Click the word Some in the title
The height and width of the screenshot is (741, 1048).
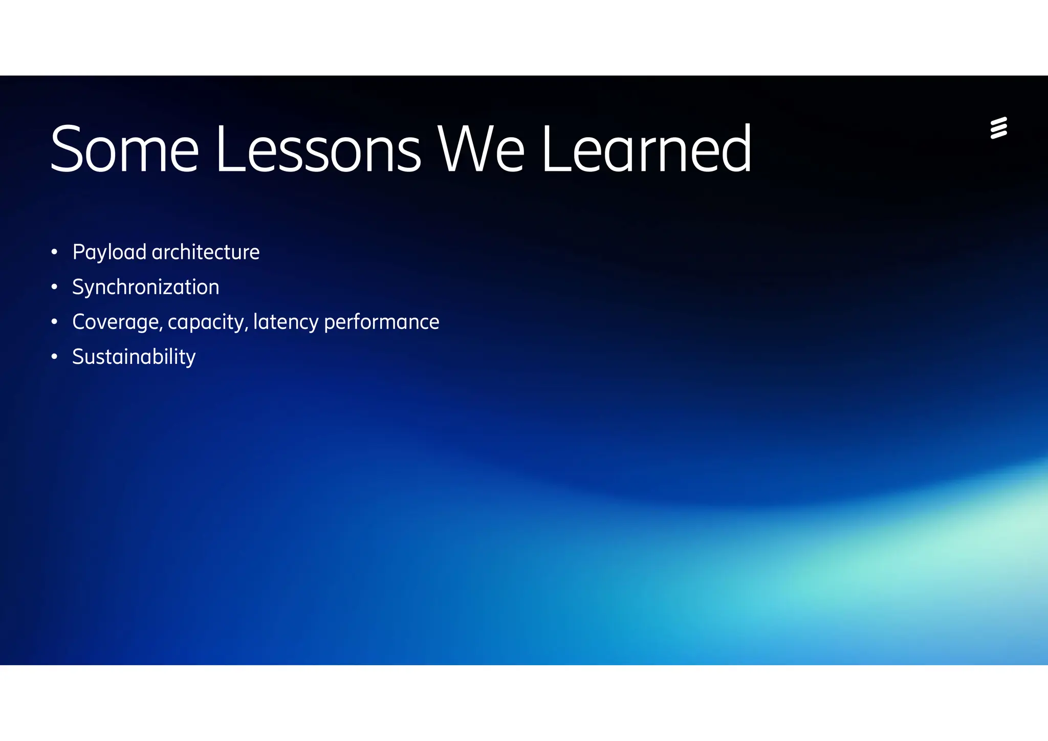point(124,149)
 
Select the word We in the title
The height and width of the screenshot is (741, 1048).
point(481,149)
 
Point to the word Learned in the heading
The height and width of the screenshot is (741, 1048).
point(646,149)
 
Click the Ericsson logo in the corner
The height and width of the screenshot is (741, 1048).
point(998,128)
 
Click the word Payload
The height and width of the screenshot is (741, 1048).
point(110,252)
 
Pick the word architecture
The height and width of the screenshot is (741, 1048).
point(206,252)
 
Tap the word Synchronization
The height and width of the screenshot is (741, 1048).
point(146,287)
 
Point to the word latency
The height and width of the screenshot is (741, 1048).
point(286,322)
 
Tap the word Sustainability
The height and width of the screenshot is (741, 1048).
point(134,357)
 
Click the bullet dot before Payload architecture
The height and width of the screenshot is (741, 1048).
point(55,252)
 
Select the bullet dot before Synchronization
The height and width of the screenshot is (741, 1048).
point(55,287)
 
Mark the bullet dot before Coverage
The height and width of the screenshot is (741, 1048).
point(55,322)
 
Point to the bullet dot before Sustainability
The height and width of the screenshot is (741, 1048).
point(55,357)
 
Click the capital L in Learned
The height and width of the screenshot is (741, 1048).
point(555,149)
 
